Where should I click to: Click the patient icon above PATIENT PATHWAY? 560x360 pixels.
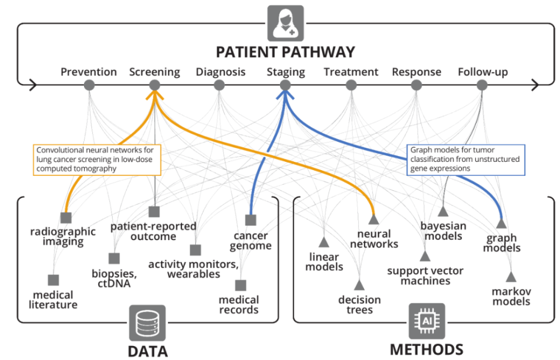tap(285, 23)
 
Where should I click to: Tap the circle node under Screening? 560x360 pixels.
tap(155, 85)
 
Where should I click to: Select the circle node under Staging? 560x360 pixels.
tap(285, 85)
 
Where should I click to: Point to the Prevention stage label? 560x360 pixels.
tap(88, 72)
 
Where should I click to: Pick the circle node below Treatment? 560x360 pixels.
tap(351, 85)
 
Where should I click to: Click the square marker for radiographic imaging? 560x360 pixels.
tap(66, 217)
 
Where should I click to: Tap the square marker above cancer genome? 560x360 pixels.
tap(250, 220)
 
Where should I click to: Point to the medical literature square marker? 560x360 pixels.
tap(53, 280)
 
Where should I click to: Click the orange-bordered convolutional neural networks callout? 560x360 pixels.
tap(97, 159)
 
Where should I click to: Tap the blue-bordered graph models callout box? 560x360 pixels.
tap(465, 159)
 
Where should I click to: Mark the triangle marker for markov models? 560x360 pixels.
tap(511, 277)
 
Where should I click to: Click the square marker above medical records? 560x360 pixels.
tap(240, 285)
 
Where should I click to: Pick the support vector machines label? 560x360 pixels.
tap(426, 275)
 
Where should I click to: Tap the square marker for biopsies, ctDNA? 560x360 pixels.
tap(114, 258)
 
